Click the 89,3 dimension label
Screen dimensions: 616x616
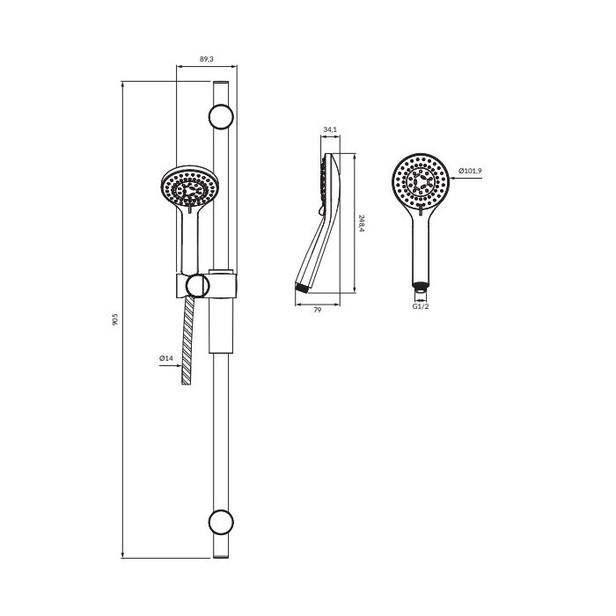[x=207, y=59]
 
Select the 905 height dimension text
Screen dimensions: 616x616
[x=115, y=319]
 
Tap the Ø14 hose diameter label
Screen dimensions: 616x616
[x=166, y=358]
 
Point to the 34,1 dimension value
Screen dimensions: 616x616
[x=330, y=129]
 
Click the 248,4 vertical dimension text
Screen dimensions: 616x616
[x=362, y=224]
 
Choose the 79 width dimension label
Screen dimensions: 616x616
[x=318, y=310]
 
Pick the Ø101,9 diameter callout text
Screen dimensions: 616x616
[x=470, y=171]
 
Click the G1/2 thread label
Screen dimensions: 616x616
[x=421, y=306]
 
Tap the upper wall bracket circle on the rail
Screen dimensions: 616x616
[x=221, y=117]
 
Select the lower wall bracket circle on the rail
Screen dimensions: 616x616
[x=221, y=523]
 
